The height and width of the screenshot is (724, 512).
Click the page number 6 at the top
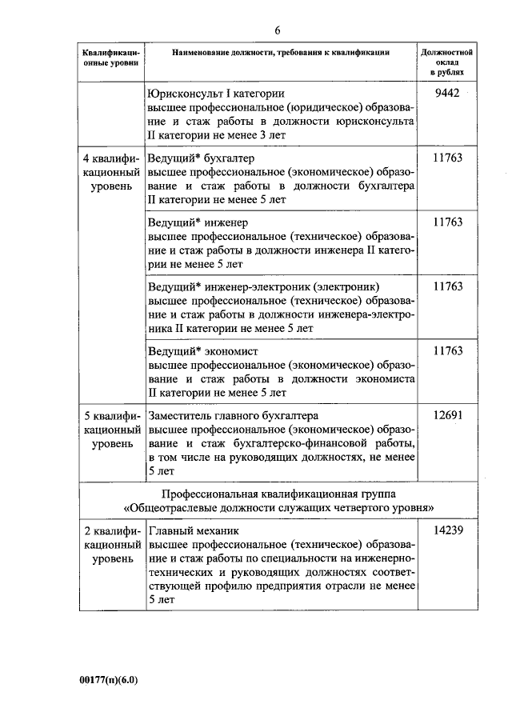coord(278,30)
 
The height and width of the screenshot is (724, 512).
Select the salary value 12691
coord(447,416)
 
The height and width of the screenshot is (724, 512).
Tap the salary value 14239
coord(447,530)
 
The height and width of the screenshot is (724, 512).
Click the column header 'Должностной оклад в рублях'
coord(447,62)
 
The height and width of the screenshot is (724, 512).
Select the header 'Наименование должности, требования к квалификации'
coord(281,52)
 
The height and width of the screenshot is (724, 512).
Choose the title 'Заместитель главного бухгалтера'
coord(234,416)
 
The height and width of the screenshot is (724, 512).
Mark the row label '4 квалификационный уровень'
coord(111,172)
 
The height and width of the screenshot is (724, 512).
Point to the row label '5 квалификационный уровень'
coord(111,430)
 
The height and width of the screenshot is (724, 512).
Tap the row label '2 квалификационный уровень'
coord(111,545)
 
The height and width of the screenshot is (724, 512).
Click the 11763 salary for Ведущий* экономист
coord(447,351)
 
